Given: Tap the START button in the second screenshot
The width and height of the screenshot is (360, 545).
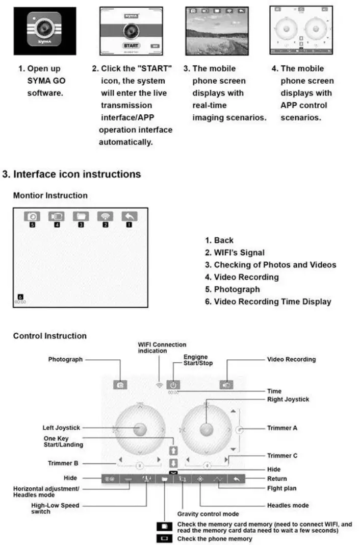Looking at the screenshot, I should point(131,45).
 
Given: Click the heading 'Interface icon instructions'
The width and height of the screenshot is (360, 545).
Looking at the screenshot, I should point(76,175).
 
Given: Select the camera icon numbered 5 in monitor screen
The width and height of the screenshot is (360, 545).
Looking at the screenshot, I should point(32,216).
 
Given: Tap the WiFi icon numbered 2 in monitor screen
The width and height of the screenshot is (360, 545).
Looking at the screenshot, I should point(106,216).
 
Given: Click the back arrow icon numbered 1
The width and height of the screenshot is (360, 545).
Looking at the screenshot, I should point(130,216).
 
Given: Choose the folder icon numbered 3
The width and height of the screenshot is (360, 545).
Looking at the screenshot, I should point(81,216).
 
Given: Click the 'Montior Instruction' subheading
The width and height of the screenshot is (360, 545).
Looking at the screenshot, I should point(50,195).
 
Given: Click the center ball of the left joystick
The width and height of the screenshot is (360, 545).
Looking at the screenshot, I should point(140,430).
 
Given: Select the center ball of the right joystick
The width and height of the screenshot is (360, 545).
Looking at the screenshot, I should point(207,430).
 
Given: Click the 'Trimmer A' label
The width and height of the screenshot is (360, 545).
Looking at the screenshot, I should point(282,428).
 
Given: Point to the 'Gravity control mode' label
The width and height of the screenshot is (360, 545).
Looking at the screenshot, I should point(208,514).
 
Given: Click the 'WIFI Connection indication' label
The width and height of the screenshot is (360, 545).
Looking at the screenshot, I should point(162,348).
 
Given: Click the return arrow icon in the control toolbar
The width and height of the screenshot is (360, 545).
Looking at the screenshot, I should point(236,479).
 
